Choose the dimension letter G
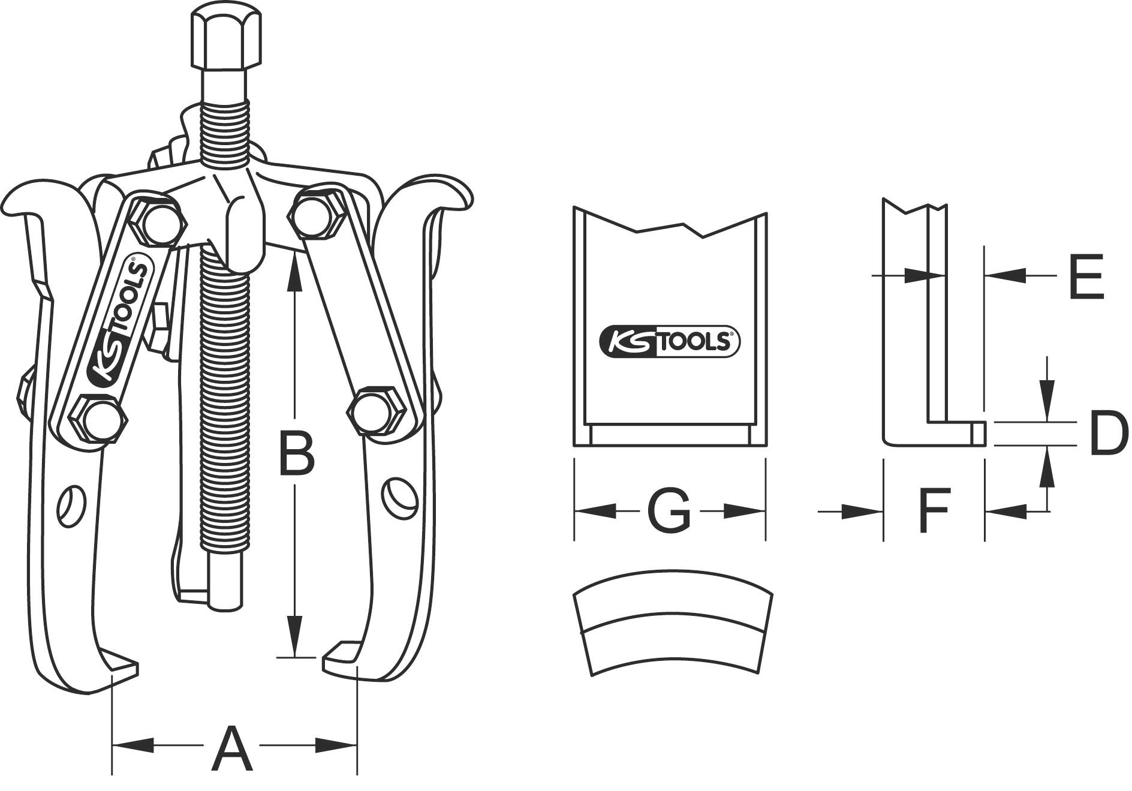click(x=669, y=511)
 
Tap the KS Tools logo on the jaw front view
click(x=670, y=342)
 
